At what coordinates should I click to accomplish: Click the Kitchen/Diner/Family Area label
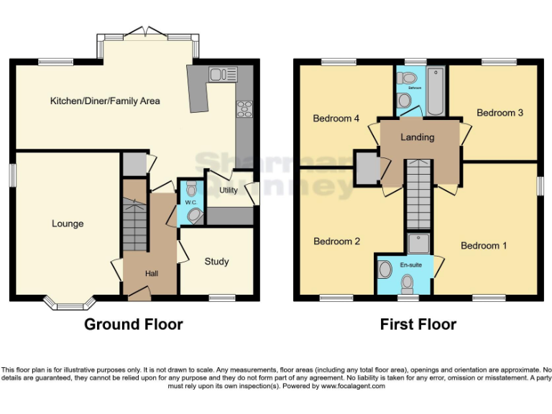[x=105, y=101]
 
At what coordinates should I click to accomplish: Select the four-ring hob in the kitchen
[x=244, y=109]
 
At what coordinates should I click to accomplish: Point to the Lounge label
[x=68, y=224]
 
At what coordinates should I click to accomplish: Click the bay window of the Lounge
[x=70, y=304]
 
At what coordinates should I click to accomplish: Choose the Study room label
[x=216, y=261]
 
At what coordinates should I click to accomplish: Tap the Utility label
[x=229, y=190]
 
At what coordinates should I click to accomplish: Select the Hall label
[x=152, y=273]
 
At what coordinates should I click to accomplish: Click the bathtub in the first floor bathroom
[x=436, y=92]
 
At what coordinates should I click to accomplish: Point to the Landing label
[x=418, y=137]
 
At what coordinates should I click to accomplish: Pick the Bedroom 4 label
[x=336, y=119]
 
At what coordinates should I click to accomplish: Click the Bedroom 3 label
[x=500, y=113]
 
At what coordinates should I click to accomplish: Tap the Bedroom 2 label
[x=337, y=241]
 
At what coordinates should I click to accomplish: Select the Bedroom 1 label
[x=484, y=246]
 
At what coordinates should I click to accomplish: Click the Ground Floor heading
[x=134, y=324]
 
